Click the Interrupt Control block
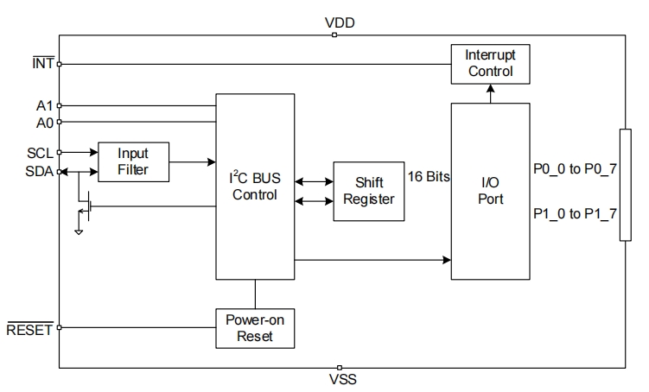(x=490, y=64)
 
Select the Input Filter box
(x=133, y=161)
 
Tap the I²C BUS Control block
(x=255, y=187)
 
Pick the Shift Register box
(x=368, y=191)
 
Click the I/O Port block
(x=490, y=191)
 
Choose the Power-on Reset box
(x=255, y=327)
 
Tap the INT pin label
(x=42, y=64)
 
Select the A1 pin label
(x=45, y=105)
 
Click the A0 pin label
(x=45, y=122)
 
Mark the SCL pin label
(x=41, y=153)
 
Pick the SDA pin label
(x=41, y=171)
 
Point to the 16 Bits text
(x=428, y=176)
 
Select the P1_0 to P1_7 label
(x=576, y=213)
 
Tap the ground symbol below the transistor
(x=80, y=231)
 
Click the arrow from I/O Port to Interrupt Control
(x=490, y=93)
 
